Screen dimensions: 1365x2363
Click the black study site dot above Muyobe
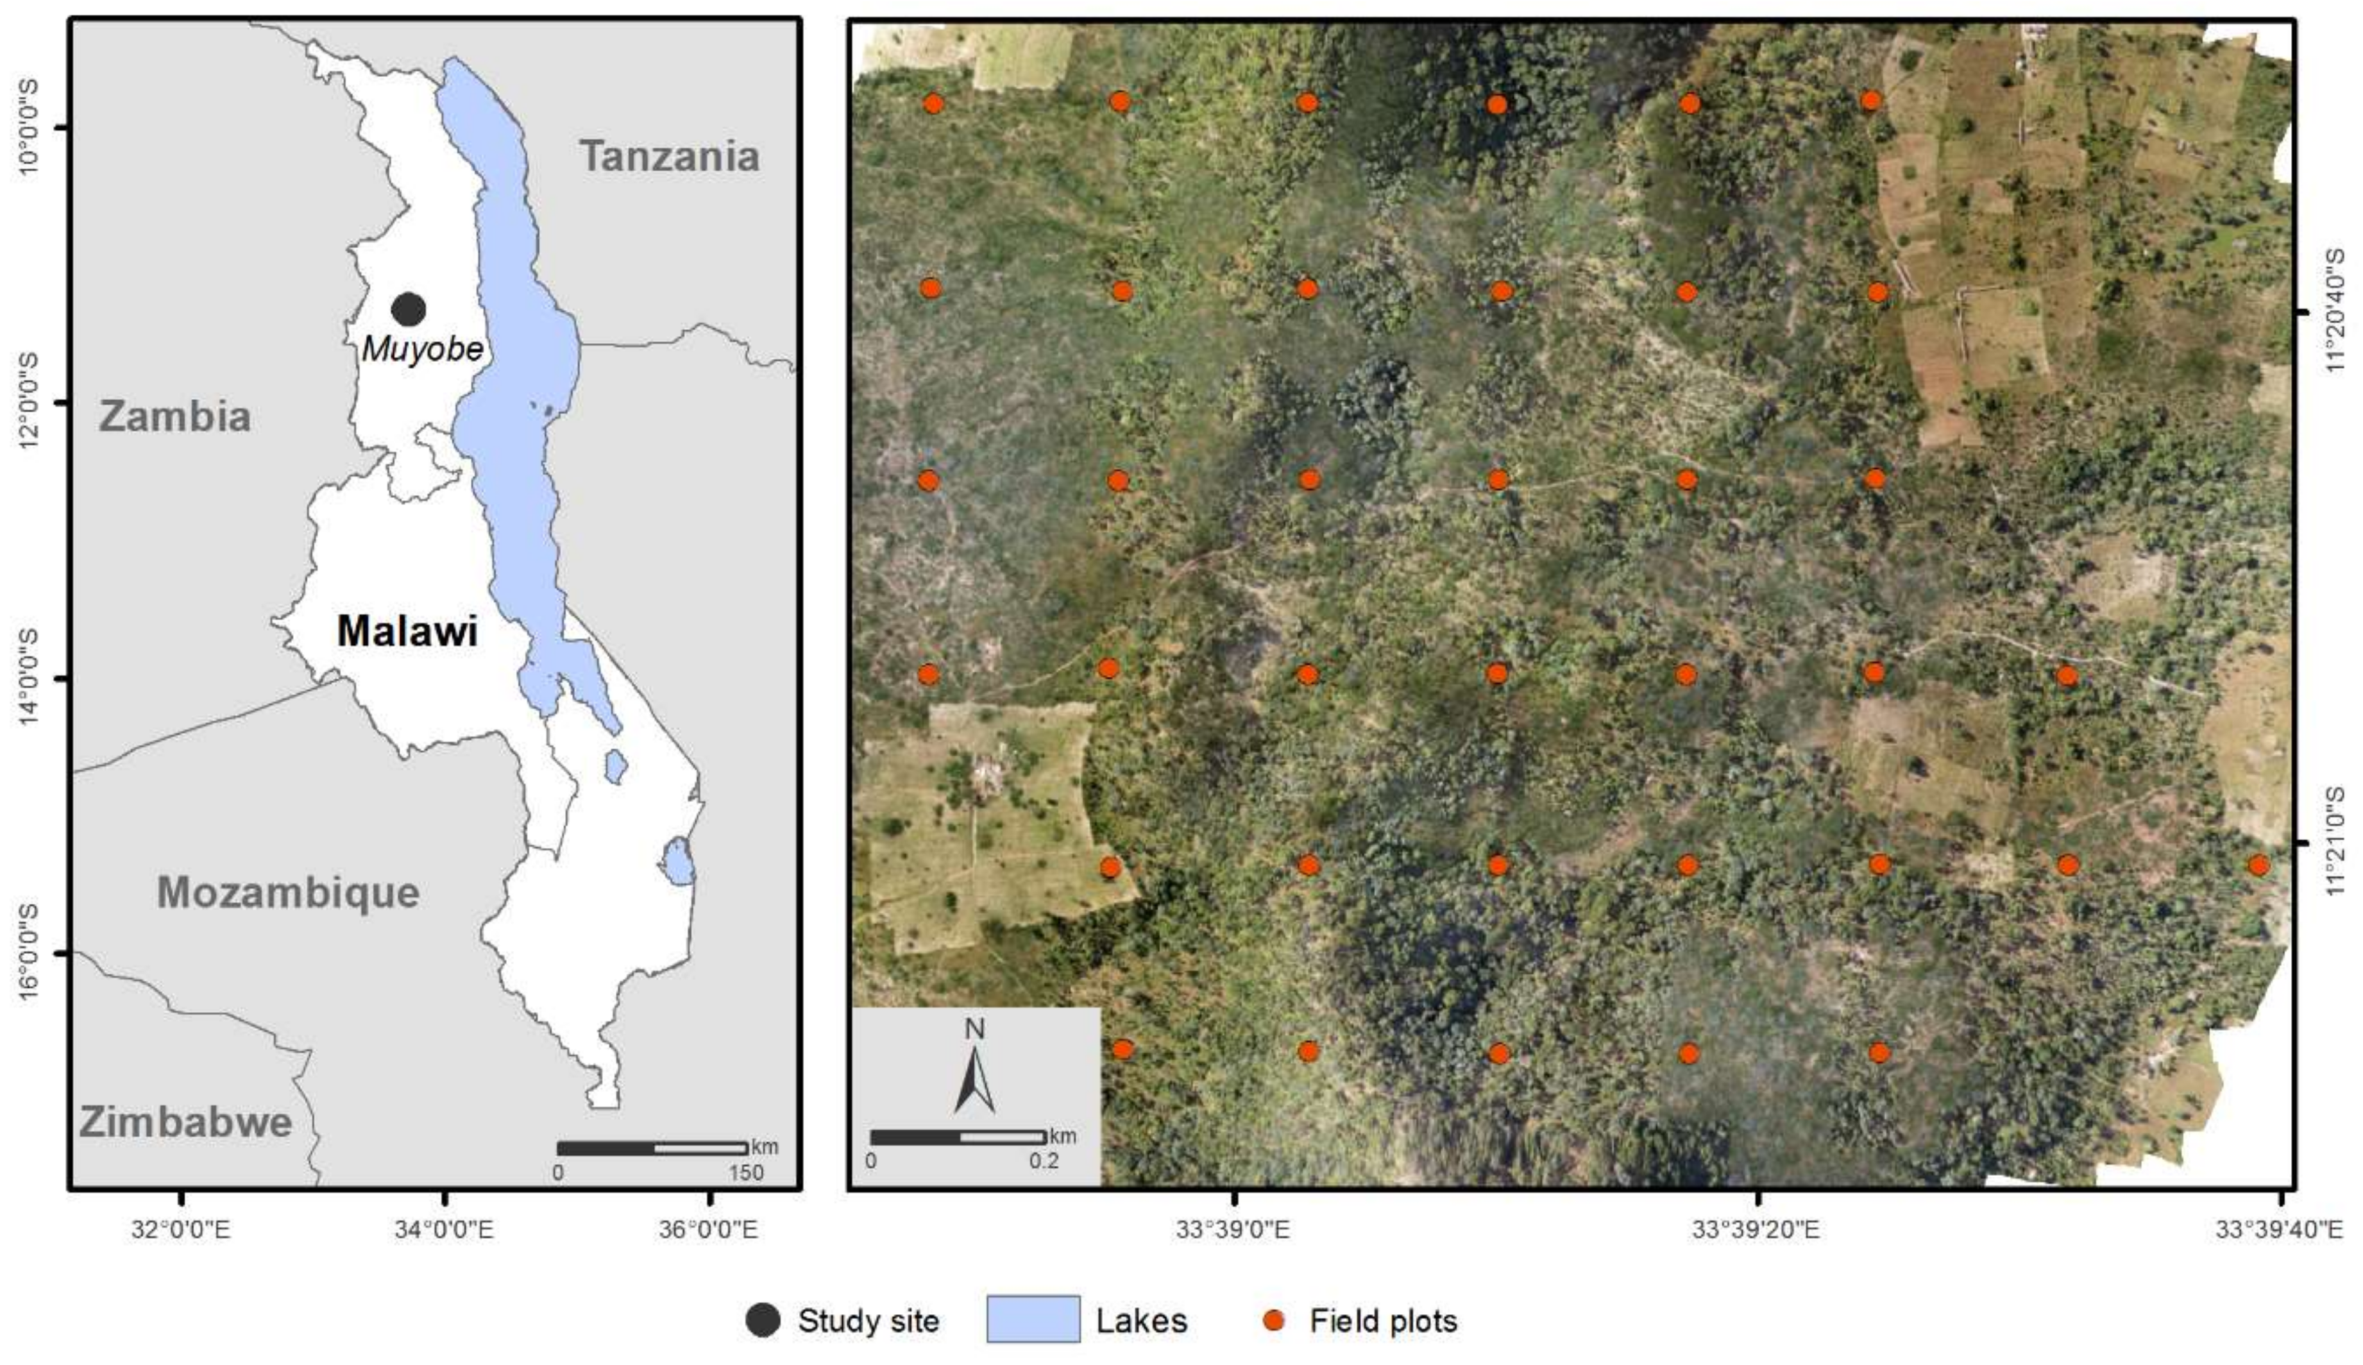coord(409,309)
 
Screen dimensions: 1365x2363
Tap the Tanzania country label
coord(669,156)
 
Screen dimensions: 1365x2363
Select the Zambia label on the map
coord(175,416)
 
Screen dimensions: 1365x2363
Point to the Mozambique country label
coord(288,892)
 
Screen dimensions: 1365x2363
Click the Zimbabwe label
coord(185,1121)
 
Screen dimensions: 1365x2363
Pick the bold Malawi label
coord(407,631)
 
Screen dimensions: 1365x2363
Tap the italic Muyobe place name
coord(423,349)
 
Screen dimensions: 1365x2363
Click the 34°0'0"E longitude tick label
coord(443,1228)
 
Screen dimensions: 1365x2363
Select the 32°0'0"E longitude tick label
coord(180,1228)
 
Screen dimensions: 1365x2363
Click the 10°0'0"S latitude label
coord(28,126)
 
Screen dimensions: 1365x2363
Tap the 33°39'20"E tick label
coord(1756,1228)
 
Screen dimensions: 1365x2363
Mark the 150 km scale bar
coord(652,1148)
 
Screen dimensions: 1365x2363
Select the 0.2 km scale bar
coord(957,1137)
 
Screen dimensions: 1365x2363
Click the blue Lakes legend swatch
coord(1033,1320)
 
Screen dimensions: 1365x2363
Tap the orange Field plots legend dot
coord(1273,1320)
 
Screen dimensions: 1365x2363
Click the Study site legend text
coord(868,1320)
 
